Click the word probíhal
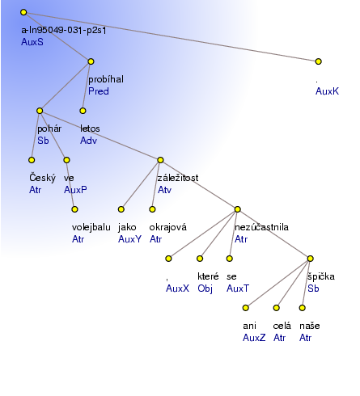(x=106, y=79)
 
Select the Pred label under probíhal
(x=99, y=91)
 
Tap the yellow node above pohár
(x=40, y=111)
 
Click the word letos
(x=90, y=128)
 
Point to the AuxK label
(x=327, y=91)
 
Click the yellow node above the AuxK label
(x=319, y=61)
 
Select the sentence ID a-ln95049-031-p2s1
(x=64, y=30)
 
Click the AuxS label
(x=32, y=42)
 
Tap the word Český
(x=42, y=178)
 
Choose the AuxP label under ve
(x=75, y=190)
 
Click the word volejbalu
(x=91, y=227)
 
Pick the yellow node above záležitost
(x=160, y=160)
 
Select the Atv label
(x=164, y=190)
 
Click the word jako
(x=127, y=227)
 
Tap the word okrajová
(x=167, y=227)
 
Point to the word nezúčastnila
(x=261, y=227)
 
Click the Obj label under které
(x=205, y=289)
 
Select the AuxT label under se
(x=238, y=289)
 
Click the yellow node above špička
(x=311, y=259)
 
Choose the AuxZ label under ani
(x=254, y=338)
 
